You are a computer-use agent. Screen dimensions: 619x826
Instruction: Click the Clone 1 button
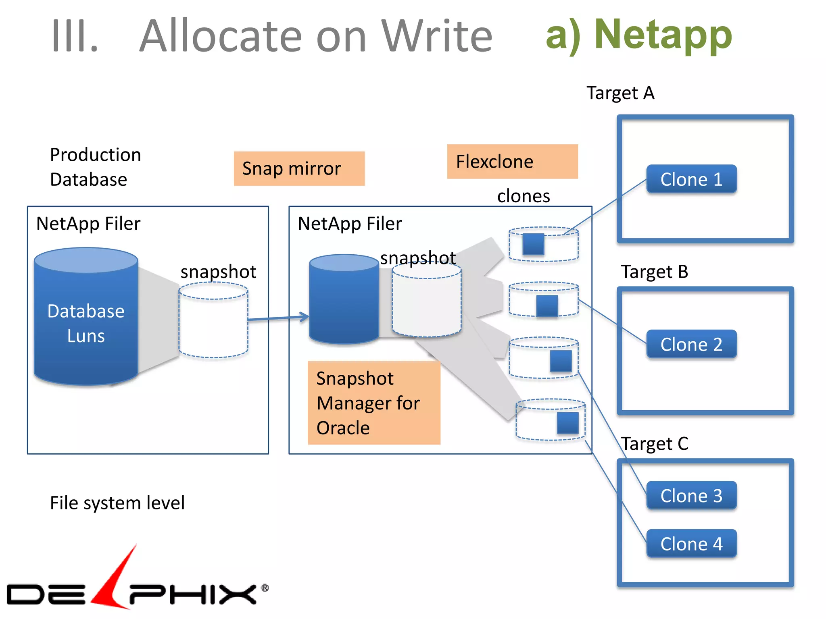[x=691, y=179]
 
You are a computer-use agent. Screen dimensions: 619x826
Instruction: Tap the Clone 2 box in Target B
[x=691, y=344]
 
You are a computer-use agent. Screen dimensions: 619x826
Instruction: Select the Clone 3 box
[x=691, y=495]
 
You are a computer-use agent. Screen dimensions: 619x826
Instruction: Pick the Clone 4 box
[x=691, y=544]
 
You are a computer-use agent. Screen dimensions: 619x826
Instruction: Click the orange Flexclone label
[x=512, y=162]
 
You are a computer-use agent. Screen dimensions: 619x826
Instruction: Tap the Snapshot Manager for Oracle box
[x=374, y=403]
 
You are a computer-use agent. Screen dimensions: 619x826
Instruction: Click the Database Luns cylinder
[x=86, y=322]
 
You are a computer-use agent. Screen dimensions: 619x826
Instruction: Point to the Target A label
[x=620, y=93]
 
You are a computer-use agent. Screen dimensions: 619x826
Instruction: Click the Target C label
[x=654, y=444]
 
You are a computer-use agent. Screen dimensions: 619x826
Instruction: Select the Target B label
[x=654, y=272]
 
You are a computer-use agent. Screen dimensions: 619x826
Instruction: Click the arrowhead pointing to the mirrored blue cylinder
[x=305, y=317]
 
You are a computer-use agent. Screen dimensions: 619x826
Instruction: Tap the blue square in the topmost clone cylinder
[x=533, y=244]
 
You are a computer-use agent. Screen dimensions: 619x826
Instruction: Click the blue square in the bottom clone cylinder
[x=567, y=423]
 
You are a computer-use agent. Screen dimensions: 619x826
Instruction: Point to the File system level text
[x=117, y=503]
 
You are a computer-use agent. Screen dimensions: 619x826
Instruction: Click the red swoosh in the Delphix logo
[x=115, y=580]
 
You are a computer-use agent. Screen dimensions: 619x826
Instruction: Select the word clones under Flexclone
[x=523, y=196]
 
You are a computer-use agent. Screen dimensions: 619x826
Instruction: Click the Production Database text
[x=95, y=167]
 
